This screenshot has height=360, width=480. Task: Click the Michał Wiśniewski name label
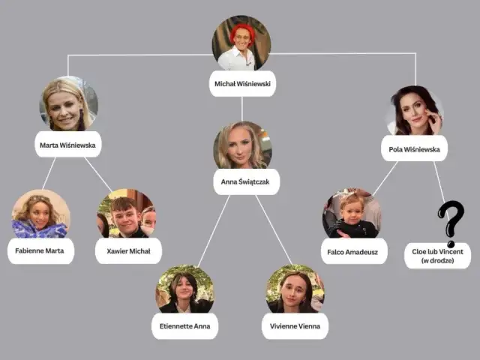[242, 83]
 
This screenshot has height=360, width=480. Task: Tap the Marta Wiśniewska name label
[68, 145]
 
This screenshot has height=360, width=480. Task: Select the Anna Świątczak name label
[246, 181]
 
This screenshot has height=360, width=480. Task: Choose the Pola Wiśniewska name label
[414, 149]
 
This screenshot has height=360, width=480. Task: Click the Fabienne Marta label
[40, 251]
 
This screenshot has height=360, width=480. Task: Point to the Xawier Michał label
[128, 251]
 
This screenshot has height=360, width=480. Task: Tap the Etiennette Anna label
[185, 326]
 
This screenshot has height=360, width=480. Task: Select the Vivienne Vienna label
[295, 326]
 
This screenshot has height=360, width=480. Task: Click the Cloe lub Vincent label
[437, 256]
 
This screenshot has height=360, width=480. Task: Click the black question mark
[451, 223]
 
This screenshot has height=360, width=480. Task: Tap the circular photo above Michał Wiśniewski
[241, 43]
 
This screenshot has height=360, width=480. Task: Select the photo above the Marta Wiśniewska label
[69, 104]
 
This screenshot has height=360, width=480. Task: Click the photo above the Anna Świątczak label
[243, 145]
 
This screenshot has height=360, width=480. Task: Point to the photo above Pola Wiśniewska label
[415, 111]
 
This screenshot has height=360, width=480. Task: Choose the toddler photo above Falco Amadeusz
[352, 213]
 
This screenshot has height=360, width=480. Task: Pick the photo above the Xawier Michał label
[127, 213]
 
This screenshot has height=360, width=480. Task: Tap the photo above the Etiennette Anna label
[185, 289]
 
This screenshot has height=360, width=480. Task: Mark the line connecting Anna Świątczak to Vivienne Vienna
[274, 229]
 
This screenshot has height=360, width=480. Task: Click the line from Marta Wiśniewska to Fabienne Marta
[49, 173]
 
